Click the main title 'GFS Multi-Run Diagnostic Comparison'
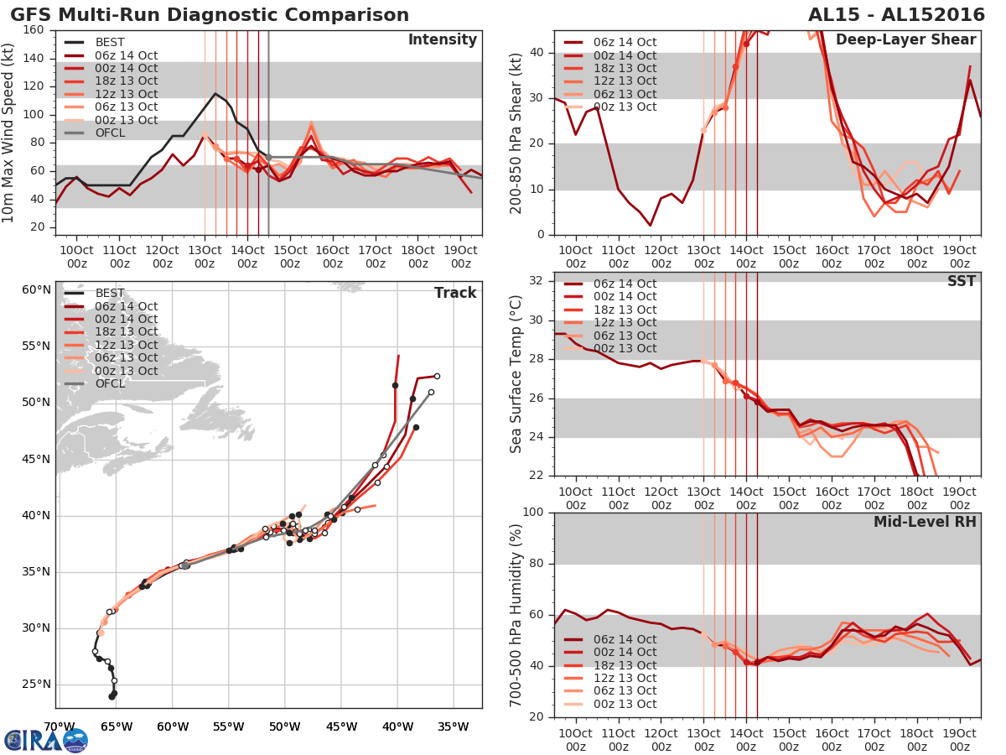210,15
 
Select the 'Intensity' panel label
442,40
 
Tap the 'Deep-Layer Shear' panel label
905,40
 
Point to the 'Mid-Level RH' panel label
925,522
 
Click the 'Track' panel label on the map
455,293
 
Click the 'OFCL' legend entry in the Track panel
110,383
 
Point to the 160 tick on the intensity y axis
34,30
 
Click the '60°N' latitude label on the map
36,290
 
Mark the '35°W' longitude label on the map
454,726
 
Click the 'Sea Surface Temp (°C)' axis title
516,373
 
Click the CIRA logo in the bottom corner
45,740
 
